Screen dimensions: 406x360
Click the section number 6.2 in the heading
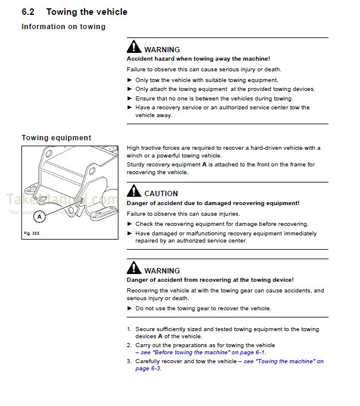(x=29, y=12)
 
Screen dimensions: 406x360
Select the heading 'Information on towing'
(x=63, y=27)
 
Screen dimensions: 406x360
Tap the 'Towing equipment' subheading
(x=57, y=138)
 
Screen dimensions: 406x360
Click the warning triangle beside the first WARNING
(x=134, y=49)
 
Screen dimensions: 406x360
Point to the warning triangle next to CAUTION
(x=134, y=193)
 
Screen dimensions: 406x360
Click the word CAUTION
(x=161, y=194)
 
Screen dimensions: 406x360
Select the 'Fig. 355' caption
(x=30, y=233)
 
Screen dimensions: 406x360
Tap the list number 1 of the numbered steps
(x=129, y=329)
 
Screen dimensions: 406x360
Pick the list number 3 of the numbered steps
(x=129, y=361)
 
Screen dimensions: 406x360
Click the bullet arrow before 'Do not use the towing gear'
(x=130, y=309)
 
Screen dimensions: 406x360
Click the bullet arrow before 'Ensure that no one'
(x=130, y=98)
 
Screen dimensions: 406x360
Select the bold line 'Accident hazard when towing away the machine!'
(x=199, y=59)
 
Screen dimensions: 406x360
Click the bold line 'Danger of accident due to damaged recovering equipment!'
(x=213, y=203)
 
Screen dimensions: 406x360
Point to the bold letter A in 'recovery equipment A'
(x=205, y=164)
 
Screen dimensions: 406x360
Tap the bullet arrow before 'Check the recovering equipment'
(x=130, y=224)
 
